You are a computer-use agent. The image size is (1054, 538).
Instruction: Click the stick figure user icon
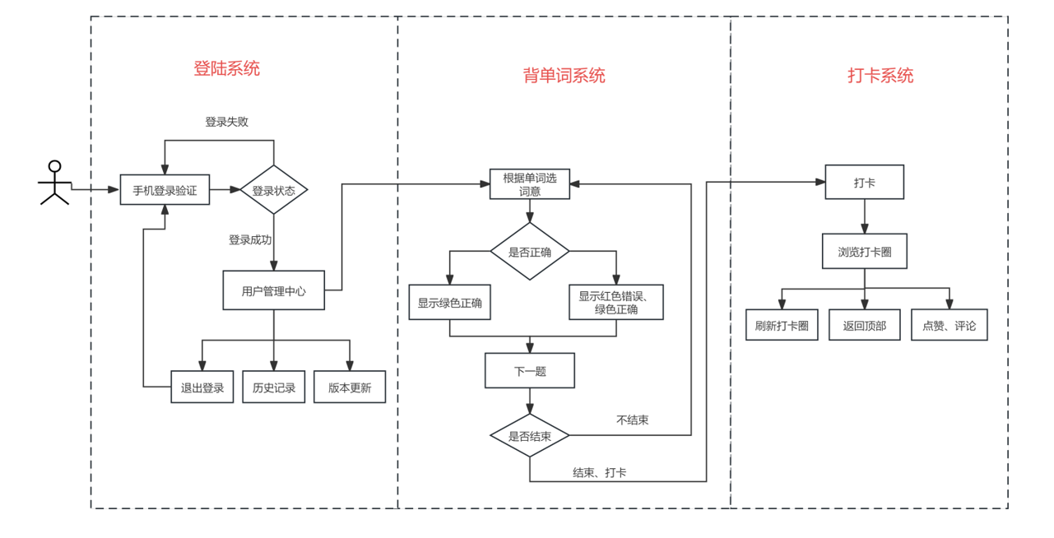tap(54, 183)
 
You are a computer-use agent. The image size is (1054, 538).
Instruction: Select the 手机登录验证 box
tap(165, 190)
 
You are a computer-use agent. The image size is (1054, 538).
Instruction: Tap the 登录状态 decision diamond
tap(274, 190)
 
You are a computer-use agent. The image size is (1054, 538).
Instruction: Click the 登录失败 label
tap(227, 122)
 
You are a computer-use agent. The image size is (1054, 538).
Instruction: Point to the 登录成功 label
tap(250, 240)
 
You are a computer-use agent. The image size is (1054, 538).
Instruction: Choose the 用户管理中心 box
tap(274, 290)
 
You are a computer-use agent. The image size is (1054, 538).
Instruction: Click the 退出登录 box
tap(202, 387)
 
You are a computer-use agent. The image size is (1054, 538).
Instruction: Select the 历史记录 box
tap(274, 387)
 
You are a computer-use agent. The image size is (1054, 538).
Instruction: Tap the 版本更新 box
tap(350, 387)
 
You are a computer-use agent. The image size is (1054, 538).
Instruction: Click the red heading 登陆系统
tap(227, 68)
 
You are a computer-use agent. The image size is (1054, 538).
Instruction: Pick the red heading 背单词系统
tap(564, 75)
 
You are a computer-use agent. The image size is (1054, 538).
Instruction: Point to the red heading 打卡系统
tap(880, 75)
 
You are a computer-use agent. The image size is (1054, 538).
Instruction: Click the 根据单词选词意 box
tap(530, 184)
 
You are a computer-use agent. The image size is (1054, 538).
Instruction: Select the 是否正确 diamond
tap(530, 252)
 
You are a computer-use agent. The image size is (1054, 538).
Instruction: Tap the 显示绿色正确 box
tap(450, 303)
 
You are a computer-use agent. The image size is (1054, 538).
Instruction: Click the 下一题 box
tap(530, 370)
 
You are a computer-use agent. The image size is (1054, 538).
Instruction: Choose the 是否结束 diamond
tap(530, 435)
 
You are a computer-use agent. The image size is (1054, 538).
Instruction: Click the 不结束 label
tap(633, 420)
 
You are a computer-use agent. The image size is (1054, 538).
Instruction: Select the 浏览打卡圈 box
tap(865, 252)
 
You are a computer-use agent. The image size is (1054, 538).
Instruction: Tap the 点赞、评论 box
tap(949, 325)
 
